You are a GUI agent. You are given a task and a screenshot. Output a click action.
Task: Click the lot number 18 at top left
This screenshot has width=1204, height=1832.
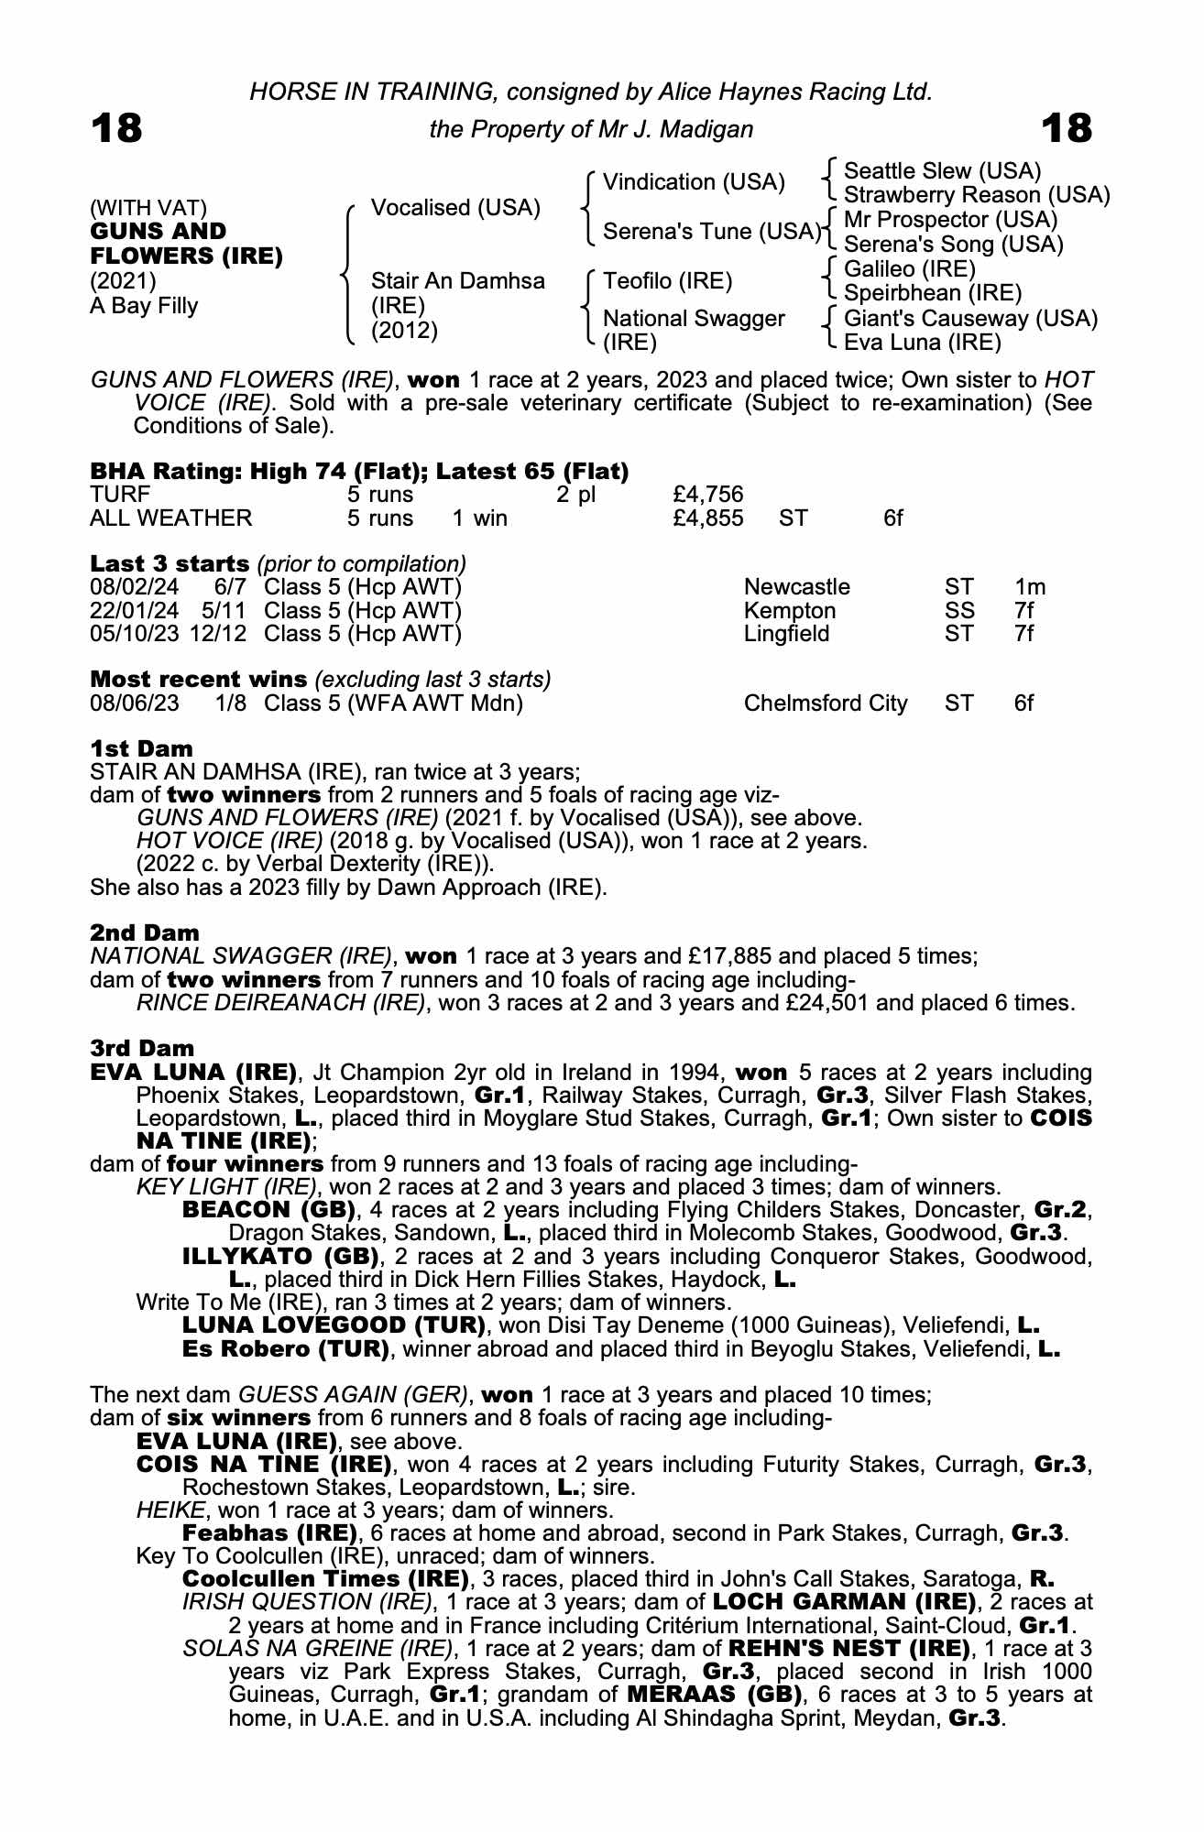[117, 128]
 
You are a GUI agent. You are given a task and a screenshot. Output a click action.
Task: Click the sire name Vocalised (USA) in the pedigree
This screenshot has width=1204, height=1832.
[455, 208]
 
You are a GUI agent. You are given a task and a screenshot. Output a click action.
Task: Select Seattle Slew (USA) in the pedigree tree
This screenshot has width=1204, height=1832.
[942, 171]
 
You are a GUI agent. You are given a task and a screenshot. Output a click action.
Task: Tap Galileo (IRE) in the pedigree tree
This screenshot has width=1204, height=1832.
[909, 269]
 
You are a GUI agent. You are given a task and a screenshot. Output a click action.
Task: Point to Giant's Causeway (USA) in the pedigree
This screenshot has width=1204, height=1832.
[970, 319]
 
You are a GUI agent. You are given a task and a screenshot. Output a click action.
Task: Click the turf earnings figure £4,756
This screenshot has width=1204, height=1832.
[707, 495]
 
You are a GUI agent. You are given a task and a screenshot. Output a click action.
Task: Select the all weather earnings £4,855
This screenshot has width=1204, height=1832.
[707, 518]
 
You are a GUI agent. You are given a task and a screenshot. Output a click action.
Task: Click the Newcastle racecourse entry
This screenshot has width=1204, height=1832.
[796, 587]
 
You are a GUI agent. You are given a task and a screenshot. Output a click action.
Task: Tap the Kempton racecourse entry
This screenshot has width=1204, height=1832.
[790, 611]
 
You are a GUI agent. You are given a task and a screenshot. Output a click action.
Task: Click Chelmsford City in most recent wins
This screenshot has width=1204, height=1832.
[825, 703]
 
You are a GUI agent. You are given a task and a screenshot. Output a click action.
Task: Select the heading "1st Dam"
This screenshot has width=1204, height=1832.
[141, 748]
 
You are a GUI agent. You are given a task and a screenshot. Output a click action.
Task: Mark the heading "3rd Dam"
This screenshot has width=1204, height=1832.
[142, 1048]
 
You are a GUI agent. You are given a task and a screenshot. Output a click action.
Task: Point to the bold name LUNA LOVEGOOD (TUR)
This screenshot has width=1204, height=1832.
[334, 1325]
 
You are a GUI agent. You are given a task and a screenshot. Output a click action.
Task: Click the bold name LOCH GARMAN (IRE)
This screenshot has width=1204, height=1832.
[844, 1602]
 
